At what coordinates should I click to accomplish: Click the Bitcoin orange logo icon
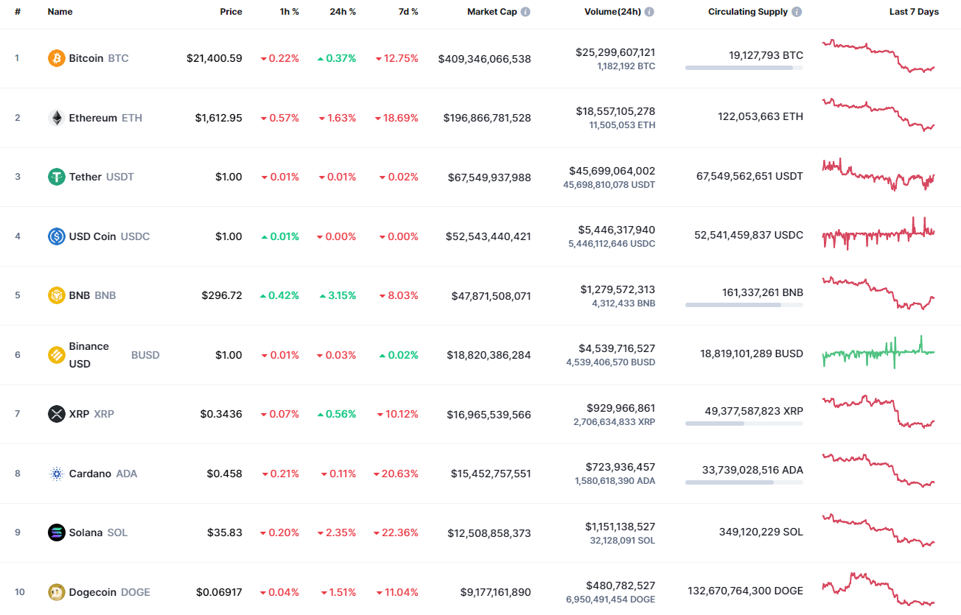(x=57, y=58)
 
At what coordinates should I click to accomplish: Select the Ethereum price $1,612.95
(x=218, y=118)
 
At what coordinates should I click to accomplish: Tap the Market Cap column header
(x=492, y=12)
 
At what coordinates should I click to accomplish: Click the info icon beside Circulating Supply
(x=797, y=12)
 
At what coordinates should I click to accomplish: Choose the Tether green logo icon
(x=57, y=177)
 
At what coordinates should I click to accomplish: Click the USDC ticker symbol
(x=135, y=236)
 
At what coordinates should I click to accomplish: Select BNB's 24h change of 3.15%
(x=338, y=295)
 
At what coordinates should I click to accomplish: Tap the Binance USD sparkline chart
(x=878, y=352)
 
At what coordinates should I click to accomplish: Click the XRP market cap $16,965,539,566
(x=489, y=415)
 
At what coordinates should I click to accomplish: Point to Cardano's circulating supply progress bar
(x=744, y=482)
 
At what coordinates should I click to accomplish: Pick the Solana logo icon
(x=57, y=533)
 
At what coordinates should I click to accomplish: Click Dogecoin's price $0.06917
(x=219, y=592)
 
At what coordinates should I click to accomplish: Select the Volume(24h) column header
(x=612, y=12)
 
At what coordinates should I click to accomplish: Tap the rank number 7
(x=18, y=414)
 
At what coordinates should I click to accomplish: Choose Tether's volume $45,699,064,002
(x=612, y=171)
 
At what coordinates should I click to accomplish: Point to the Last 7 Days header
(x=914, y=12)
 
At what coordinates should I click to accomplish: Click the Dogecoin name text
(x=90, y=592)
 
